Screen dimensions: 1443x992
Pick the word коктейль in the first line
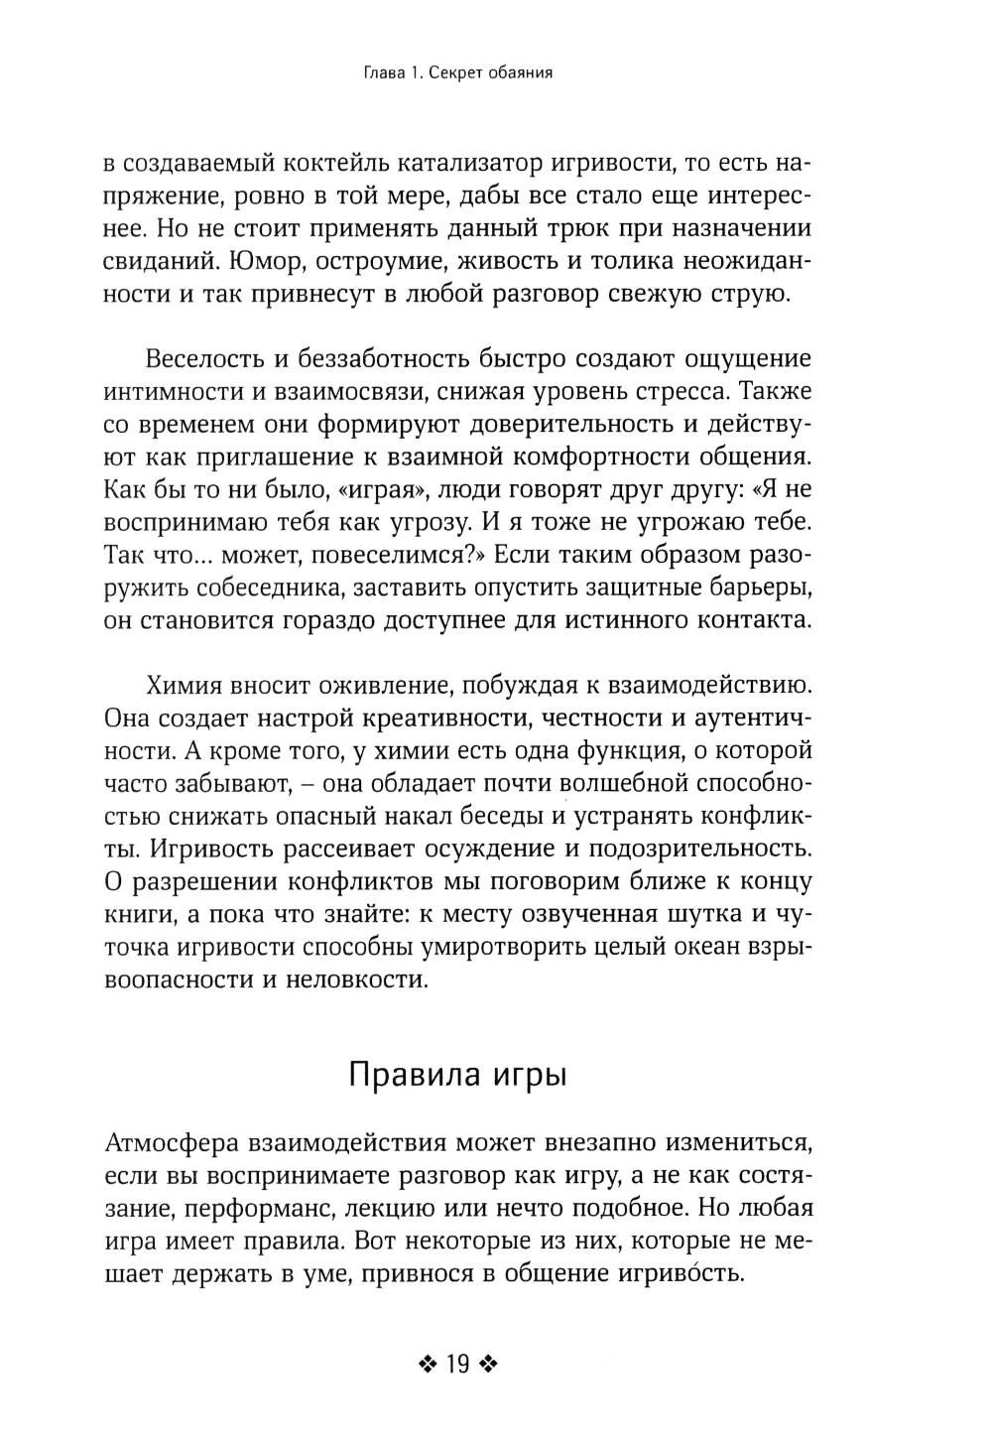pos(373,162)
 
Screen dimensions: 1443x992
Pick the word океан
pos(711,948)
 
